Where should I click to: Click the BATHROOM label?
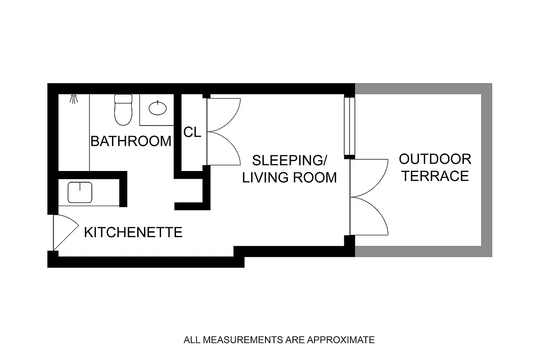131,141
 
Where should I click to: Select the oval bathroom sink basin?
157,108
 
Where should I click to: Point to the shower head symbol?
73,99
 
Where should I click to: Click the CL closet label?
192,133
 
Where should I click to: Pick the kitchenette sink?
80,192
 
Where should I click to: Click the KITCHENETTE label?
133,233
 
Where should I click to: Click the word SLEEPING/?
290,160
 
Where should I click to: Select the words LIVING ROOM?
290,177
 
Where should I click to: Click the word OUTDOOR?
435,159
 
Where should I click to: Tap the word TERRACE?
435,176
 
